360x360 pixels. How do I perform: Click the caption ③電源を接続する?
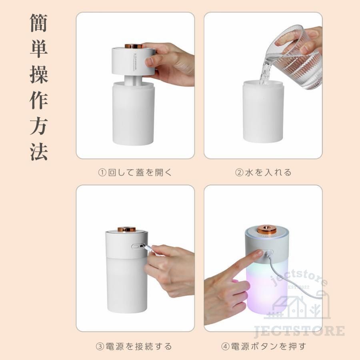[x=134, y=346]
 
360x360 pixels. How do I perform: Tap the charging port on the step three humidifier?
[x=137, y=246]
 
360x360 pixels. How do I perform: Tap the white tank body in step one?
[x=133, y=116]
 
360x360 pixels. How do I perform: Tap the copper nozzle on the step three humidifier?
[x=126, y=229]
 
